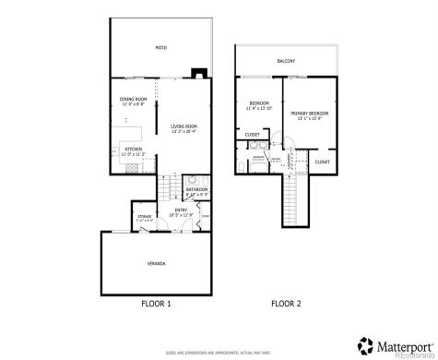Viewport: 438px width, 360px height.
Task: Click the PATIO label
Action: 160,46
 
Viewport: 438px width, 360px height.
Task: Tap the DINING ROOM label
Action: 134,101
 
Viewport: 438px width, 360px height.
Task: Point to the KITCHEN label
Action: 134,150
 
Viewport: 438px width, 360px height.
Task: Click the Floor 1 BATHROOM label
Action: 197,191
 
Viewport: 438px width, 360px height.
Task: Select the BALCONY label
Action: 286,62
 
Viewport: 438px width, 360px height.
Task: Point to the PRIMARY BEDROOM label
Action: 314,114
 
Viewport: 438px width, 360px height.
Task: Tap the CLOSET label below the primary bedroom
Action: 322,162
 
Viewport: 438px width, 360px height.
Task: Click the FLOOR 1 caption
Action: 156,303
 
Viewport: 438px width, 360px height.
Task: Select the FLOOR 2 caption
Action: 287,303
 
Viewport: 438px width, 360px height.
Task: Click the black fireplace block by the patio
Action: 198,76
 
